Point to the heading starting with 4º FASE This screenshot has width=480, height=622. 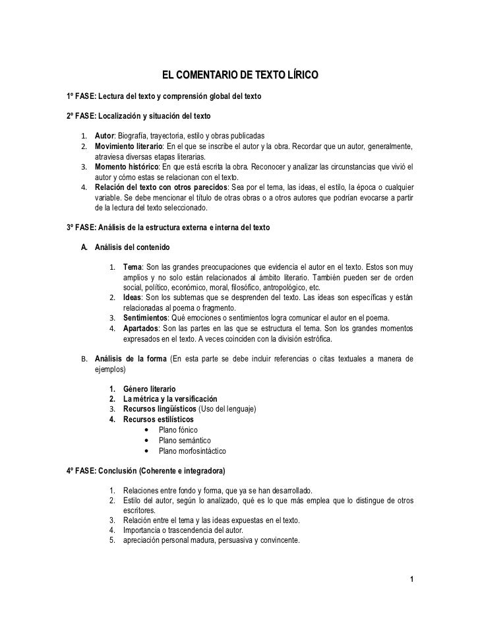146,472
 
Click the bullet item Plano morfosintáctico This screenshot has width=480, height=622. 192,451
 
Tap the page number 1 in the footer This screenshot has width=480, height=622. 411,580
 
